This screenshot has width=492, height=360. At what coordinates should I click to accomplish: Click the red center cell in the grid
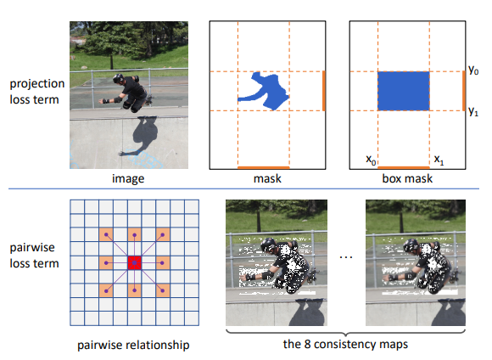click(134, 262)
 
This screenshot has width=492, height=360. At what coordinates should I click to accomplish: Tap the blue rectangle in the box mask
click(404, 91)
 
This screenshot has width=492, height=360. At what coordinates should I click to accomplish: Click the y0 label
click(473, 70)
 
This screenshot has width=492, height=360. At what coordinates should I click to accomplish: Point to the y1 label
click(473, 111)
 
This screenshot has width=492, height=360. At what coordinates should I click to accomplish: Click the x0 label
click(371, 160)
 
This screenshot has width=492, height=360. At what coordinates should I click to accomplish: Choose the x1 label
click(439, 160)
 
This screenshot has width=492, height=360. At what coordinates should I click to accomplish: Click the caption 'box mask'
click(407, 178)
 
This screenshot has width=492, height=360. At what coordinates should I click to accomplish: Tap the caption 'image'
click(128, 179)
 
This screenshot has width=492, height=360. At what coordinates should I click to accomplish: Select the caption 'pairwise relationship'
click(133, 345)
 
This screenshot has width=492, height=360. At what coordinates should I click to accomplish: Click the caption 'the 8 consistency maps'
click(345, 345)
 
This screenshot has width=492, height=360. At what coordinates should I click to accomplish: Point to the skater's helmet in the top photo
click(118, 78)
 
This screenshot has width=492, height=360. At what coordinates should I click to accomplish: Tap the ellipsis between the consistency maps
click(346, 257)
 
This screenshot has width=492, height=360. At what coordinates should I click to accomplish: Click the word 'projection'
click(37, 84)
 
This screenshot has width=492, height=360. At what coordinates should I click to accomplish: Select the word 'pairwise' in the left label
click(32, 248)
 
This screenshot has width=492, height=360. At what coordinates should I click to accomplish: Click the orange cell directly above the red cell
click(134, 234)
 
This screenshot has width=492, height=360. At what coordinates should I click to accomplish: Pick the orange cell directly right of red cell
click(163, 262)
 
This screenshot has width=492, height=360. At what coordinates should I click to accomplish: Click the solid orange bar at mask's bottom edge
click(264, 168)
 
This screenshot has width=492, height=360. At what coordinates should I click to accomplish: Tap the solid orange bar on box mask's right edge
click(464, 91)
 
